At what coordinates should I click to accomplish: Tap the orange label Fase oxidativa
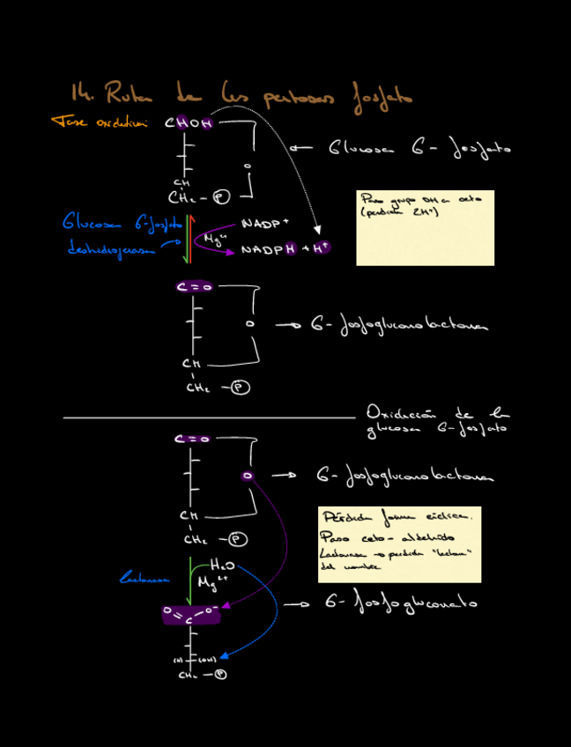[x=99, y=122]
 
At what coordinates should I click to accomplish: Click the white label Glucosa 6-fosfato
[x=419, y=149]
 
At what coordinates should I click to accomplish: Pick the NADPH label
[x=269, y=250]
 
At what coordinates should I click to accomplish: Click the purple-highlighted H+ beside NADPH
[x=318, y=248]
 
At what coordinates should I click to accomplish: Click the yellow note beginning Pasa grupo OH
[x=425, y=227]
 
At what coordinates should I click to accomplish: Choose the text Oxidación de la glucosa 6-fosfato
[x=436, y=420]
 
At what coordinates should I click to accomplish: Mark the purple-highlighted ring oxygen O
[x=248, y=476]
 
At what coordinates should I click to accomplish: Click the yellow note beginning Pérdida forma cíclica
[x=399, y=544]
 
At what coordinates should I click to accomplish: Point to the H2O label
[x=221, y=565]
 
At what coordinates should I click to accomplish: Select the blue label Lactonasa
[x=145, y=579]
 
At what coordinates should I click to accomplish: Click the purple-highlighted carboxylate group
[x=191, y=615]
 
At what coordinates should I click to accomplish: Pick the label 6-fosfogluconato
[x=401, y=603]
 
